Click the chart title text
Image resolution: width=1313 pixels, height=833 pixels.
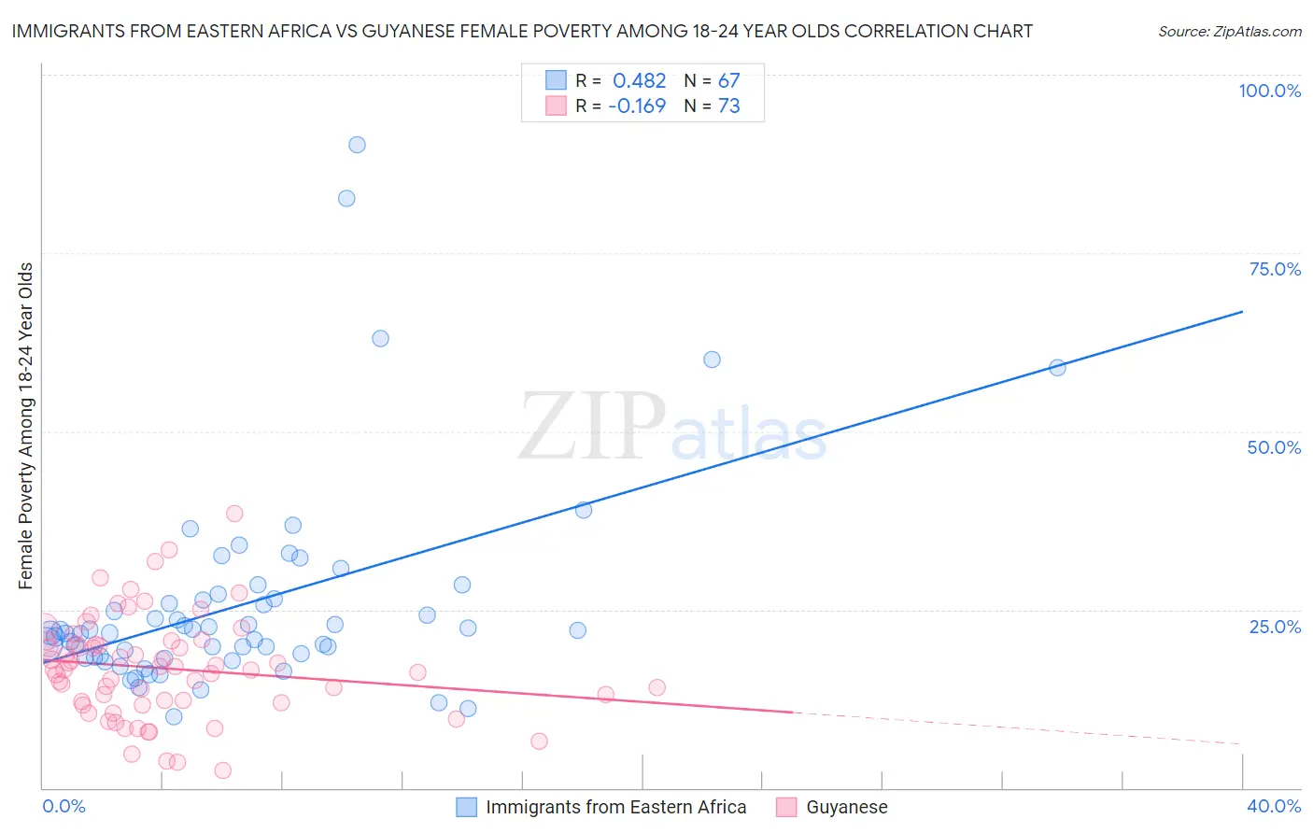(522, 31)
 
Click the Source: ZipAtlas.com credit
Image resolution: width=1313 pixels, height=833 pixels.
(1229, 31)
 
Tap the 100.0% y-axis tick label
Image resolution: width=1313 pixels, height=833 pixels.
(1269, 91)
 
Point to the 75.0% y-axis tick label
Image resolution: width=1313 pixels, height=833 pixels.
(1275, 269)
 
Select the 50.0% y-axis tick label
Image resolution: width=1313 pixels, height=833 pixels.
(1274, 447)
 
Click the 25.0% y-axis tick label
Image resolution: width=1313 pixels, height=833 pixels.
(1275, 626)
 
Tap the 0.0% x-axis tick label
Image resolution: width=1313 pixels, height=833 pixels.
(64, 806)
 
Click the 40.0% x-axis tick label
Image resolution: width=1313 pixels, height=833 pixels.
(1273, 806)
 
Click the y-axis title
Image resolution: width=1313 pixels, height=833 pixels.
(26, 426)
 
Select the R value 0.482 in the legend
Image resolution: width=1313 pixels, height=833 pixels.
(639, 80)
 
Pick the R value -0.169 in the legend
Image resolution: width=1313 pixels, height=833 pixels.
(637, 106)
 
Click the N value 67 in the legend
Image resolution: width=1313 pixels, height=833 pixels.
(728, 80)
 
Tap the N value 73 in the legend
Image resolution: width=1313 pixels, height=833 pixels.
(728, 106)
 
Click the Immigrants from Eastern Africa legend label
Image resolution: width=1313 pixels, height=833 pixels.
(615, 807)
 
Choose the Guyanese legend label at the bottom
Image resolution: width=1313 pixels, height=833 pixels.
(846, 807)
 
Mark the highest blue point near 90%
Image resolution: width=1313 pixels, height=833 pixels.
(357, 145)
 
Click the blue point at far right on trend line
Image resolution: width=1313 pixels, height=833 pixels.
(1057, 368)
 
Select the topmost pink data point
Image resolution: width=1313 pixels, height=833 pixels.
(234, 514)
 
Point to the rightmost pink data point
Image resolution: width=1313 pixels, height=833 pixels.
(656, 687)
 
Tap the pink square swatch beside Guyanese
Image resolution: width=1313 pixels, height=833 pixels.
(786, 807)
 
